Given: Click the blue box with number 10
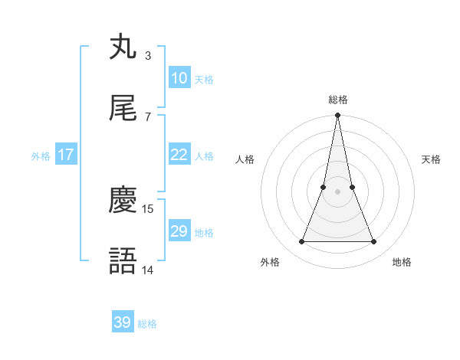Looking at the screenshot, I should (179, 78).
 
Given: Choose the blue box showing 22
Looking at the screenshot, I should (179, 155).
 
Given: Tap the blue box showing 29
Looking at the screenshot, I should (179, 231).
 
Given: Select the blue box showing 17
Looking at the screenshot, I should (66, 155).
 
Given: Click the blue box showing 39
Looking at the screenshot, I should (123, 322).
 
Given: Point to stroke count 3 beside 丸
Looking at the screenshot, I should (148, 55).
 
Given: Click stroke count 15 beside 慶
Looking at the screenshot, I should (149, 208).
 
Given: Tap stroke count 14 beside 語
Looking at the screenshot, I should (149, 270).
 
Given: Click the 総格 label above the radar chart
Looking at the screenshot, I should (337, 100).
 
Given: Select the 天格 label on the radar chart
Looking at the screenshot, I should (432, 159).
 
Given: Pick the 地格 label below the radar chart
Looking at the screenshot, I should (402, 262).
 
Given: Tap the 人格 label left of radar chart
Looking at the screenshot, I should (245, 159).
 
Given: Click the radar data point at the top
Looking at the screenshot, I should (337, 116).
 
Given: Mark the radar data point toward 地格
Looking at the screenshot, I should (374, 242).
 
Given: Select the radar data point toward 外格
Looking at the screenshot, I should (301, 242).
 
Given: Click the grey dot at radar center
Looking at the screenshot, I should (337, 191).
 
